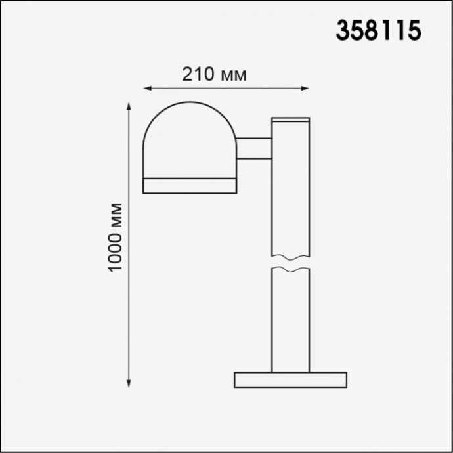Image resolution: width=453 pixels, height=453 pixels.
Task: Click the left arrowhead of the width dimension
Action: click(x=147, y=87)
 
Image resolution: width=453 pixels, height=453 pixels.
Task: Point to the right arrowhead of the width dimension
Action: click(x=305, y=87)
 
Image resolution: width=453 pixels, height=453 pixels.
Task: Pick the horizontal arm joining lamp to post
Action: click(x=254, y=148)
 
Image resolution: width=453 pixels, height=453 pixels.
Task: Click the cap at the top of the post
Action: click(x=290, y=121)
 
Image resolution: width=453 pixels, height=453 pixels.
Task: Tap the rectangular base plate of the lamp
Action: click(x=290, y=380)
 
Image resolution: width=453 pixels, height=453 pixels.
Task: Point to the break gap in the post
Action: click(x=290, y=261)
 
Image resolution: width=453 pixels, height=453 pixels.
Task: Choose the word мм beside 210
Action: click(x=233, y=75)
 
